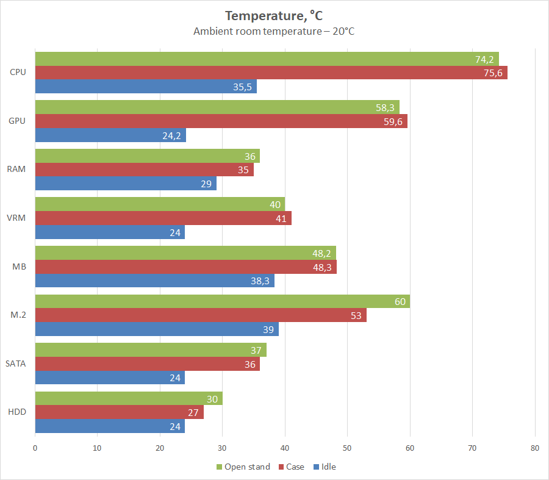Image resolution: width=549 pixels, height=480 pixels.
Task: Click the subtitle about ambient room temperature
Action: tap(274, 31)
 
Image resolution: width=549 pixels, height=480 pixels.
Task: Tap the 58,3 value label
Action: tap(386, 107)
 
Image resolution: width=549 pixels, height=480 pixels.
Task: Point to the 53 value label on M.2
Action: tap(356, 315)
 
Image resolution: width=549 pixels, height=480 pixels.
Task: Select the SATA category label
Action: tap(16, 364)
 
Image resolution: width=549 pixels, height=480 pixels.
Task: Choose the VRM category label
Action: tap(17, 218)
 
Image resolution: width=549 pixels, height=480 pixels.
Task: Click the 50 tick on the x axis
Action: tap(348, 448)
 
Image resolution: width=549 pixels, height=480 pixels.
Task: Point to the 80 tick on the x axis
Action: tap(535, 448)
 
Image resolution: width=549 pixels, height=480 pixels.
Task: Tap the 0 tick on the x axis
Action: tap(35, 448)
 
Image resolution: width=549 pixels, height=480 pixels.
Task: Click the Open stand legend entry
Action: tap(243, 467)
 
